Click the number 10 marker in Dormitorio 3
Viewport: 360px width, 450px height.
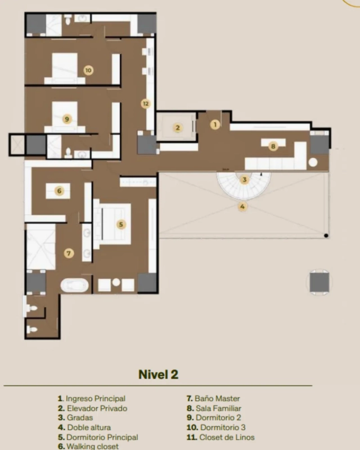88,70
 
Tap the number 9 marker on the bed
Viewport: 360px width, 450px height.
67,119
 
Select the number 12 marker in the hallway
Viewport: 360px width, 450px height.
146,103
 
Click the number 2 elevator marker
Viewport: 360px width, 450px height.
178,128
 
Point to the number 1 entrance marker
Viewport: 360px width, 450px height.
215,124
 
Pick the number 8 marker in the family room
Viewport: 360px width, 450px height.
273,146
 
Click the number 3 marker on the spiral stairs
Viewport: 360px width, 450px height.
244,179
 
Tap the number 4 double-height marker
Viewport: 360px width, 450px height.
242,206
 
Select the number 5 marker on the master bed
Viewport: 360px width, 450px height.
121,224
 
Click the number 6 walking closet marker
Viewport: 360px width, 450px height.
60,191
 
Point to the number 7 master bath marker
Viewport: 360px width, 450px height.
69,253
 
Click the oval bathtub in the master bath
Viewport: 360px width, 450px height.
75,285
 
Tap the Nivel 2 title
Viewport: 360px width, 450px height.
158,374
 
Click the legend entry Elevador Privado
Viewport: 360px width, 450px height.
97,408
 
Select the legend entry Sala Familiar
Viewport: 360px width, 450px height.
218,408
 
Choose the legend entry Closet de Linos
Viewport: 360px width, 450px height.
227,438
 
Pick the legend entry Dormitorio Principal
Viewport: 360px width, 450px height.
102,438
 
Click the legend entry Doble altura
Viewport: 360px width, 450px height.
89,427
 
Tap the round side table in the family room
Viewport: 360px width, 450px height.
313,162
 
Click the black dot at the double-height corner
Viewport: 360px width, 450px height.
326,236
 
